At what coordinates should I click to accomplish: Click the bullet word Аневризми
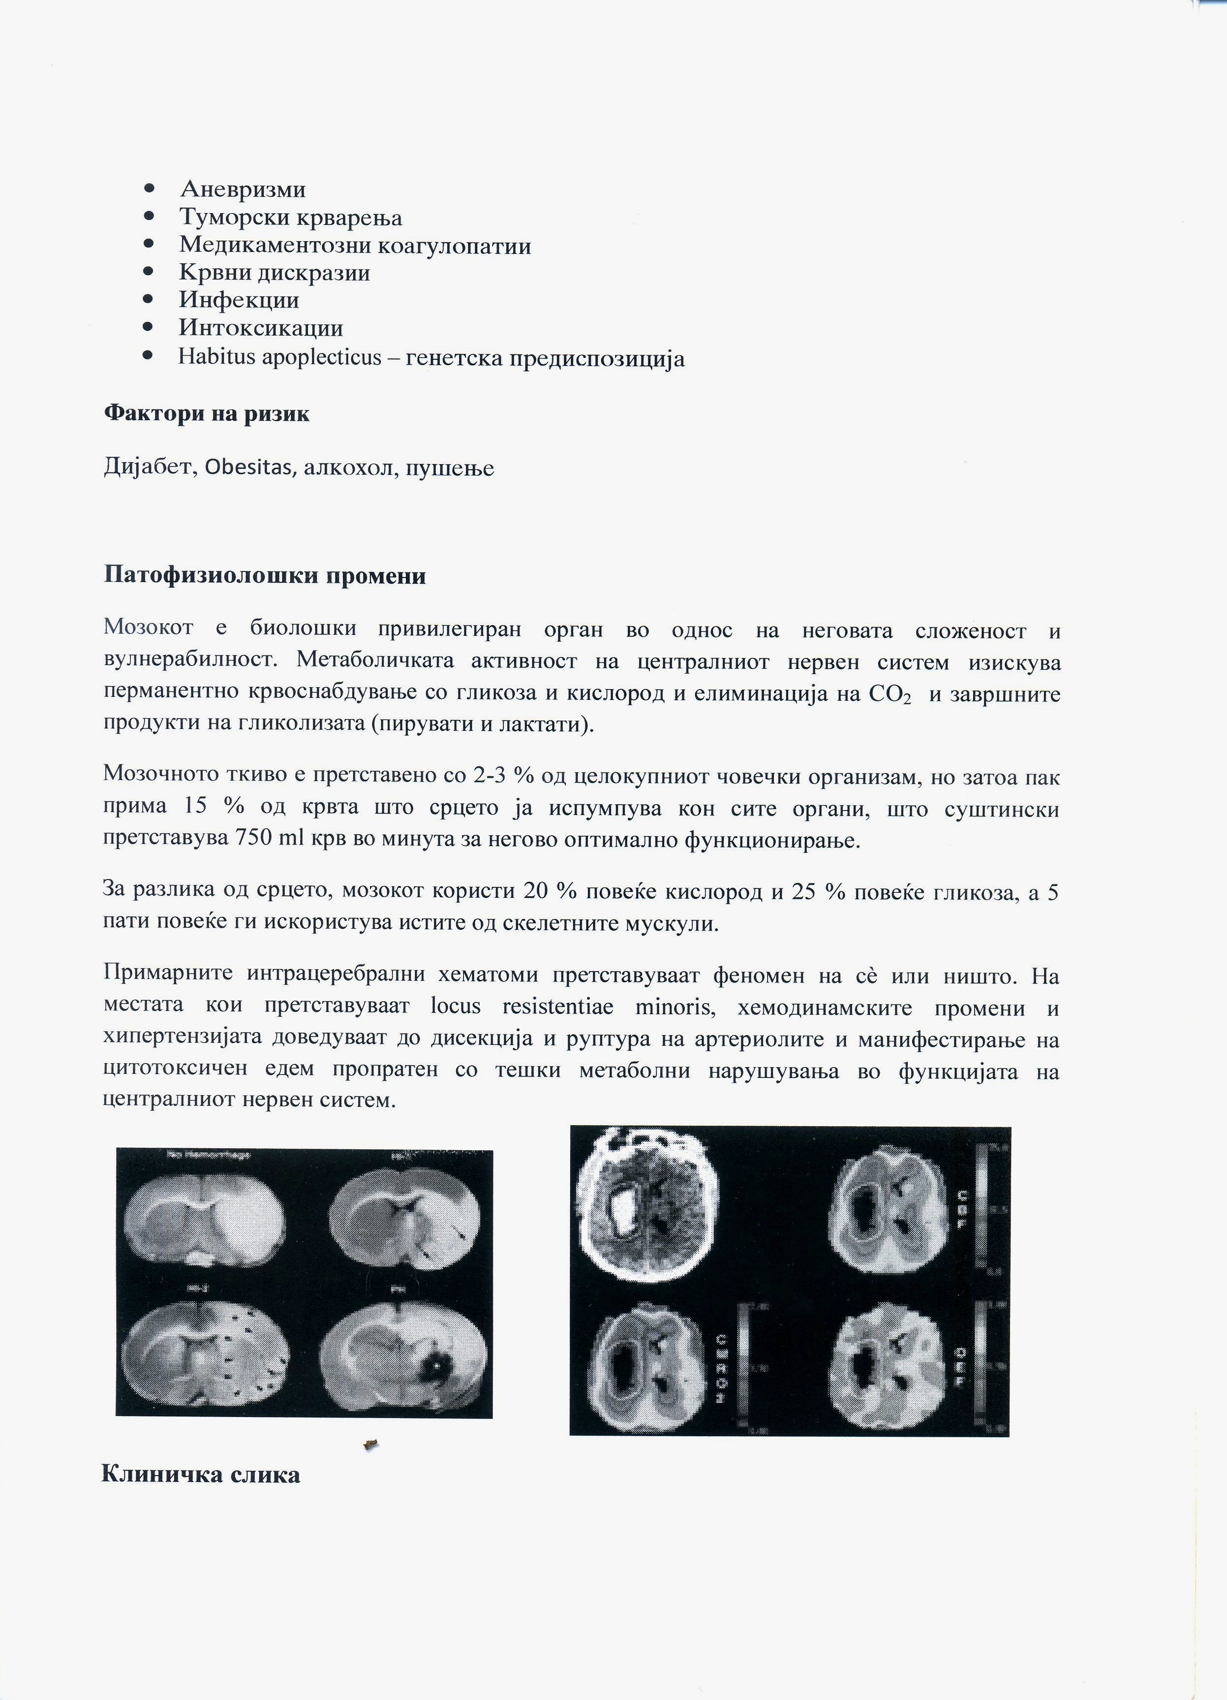click(x=243, y=189)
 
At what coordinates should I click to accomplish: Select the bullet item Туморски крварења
click(x=291, y=218)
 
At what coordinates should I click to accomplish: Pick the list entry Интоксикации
click(x=261, y=328)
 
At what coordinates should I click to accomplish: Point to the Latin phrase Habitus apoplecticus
click(x=280, y=357)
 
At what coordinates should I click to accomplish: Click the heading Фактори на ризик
click(x=207, y=414)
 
